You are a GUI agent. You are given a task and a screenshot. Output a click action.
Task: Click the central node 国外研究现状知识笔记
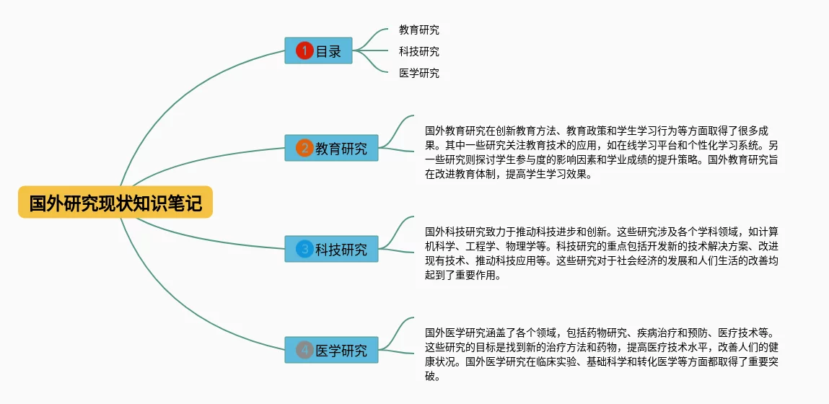(x=115, y=203)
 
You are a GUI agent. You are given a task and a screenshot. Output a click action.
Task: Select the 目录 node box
(x=318, y=50)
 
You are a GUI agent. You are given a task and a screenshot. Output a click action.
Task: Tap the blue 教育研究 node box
(x=331, y=148)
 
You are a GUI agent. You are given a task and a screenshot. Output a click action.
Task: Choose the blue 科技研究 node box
(x=331, y=250)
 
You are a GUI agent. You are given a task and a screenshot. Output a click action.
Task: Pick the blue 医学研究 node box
(x=331, y=350)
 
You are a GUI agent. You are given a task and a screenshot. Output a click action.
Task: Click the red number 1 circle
(x=304, y=50)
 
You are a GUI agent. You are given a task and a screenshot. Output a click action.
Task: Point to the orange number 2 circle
(x=304, y=149)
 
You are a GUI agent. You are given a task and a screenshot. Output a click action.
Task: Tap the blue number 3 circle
(x=304, y=250)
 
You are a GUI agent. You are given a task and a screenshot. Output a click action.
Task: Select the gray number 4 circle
(x=304, y=350)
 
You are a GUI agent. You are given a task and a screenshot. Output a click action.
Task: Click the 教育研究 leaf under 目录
(x=418, y=30)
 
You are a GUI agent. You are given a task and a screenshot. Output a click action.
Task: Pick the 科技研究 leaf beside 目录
(x=418, y=52)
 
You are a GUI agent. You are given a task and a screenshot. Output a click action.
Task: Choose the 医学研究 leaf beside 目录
(x=418, y=73)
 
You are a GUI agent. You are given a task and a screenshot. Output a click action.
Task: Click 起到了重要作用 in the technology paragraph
(x=463, y=275)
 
